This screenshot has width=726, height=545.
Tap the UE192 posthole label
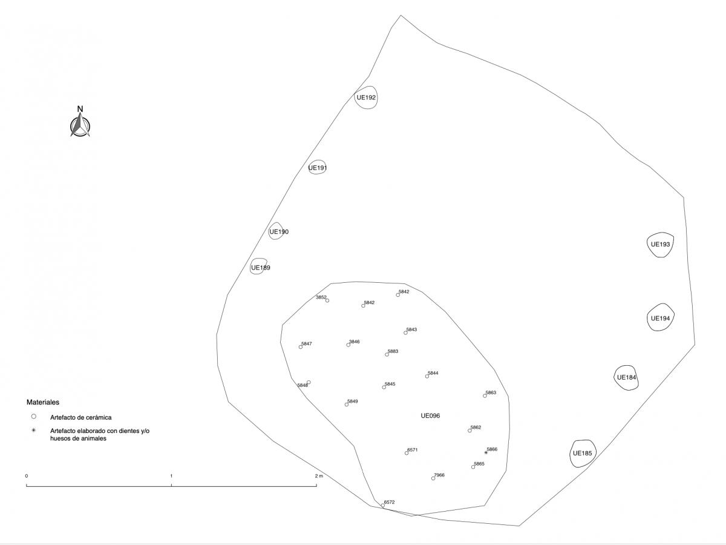pyautogui.click(x=366, y=97)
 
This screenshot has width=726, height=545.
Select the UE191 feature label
pyautogui.click(x=318, y=168)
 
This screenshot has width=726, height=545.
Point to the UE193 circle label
pyautogui.click(x=660, y=244)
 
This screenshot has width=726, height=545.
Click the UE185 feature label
pyautogui.click(x=582, y=453)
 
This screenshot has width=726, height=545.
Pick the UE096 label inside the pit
pyautogui.click(x=430, y=415)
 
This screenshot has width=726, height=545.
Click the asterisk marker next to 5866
pyautogui.click(x=486, y=452)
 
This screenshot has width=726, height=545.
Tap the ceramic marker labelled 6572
pyautogui.click(x=383, y=505)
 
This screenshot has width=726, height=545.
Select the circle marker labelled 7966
pyautogui.click(x=433, y=478)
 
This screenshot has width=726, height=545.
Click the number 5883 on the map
pyautogui.click(x=393, y=351)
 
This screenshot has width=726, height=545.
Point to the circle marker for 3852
pyautogui.click(x=327, y=300)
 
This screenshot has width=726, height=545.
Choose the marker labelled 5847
pyautogui.click(x=301, y=347)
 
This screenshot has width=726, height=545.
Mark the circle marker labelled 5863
pyautogui.click(x=485, y=396)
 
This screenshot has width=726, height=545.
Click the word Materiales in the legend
pyautogui.click(x=43, y=402)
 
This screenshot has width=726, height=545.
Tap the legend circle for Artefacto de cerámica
pyautogui.click(x=33, y=417)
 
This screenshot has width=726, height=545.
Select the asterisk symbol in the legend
pyautogui.click(x=33, y=430)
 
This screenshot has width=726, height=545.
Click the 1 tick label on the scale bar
pyautogui.click(x=171, y=476)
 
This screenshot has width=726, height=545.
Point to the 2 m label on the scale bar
pyautogui.click(x=319, y=476)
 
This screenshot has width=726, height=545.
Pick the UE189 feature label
pyautogui.click(x=261, y=268)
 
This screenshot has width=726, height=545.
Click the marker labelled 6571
pyautogui.click(x=407, y=453)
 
